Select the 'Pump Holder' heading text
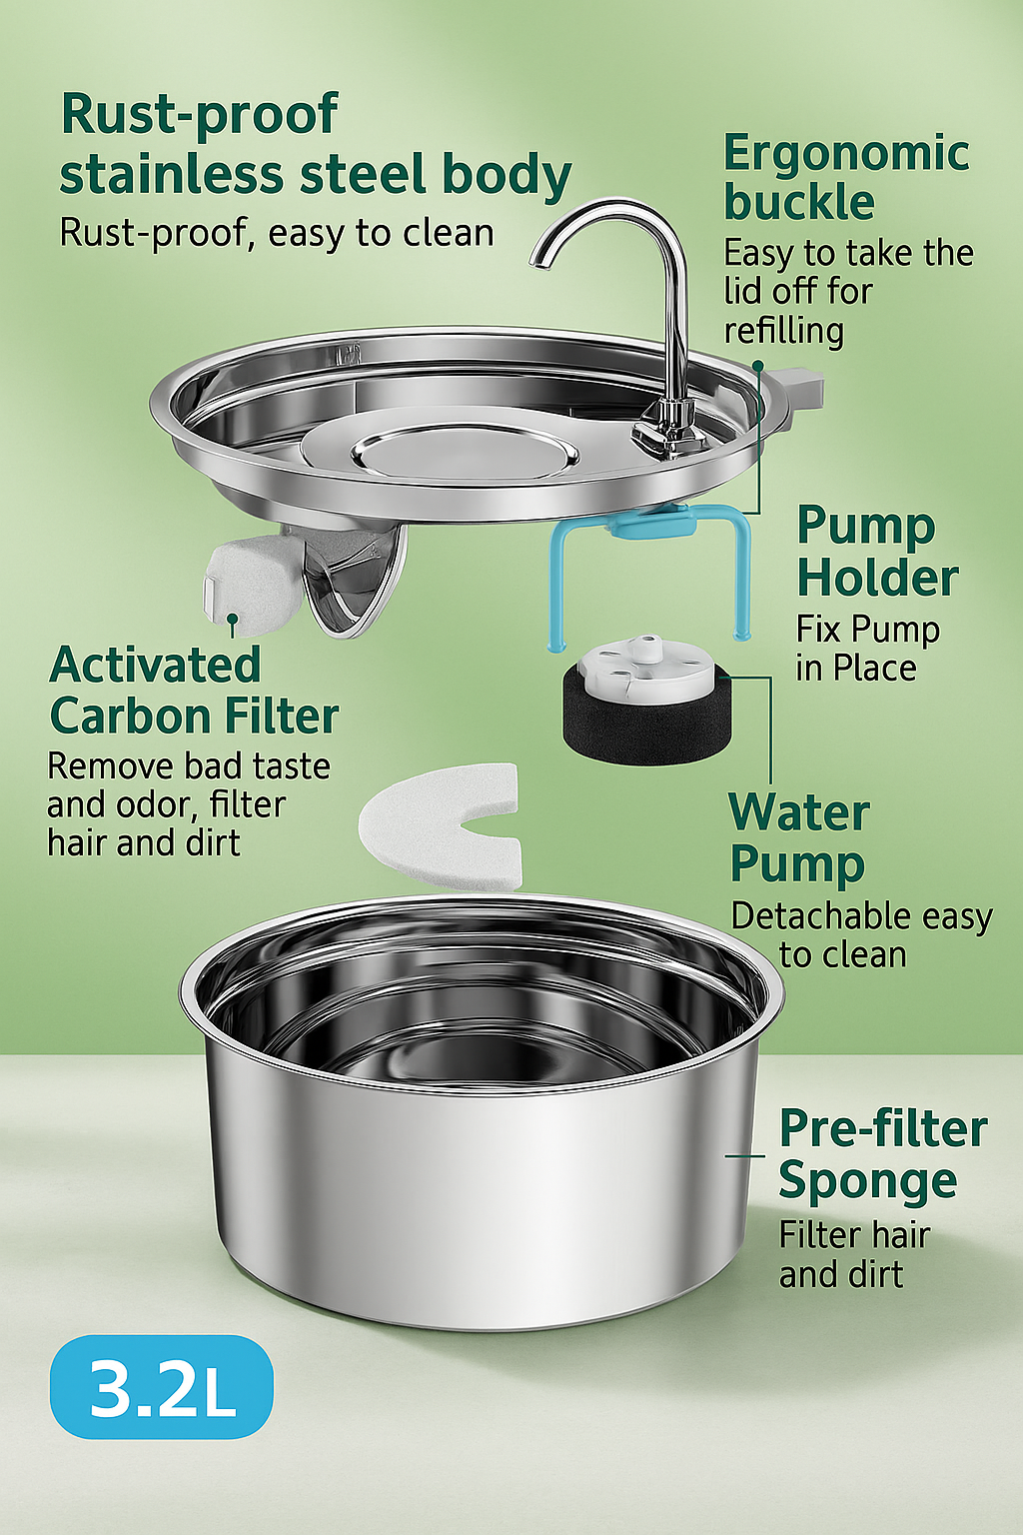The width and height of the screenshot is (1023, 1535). [x=877, y=553]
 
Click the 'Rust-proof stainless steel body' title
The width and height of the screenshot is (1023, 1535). [x=315, y=145]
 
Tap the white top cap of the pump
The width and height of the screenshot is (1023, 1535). [x=645, y=664]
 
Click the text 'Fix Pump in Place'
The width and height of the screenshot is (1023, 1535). [x=868, y=649]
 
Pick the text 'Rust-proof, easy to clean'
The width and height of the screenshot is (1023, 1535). [x=277, y=232]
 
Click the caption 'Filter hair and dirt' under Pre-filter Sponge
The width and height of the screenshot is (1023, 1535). [x=854, y=1254]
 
